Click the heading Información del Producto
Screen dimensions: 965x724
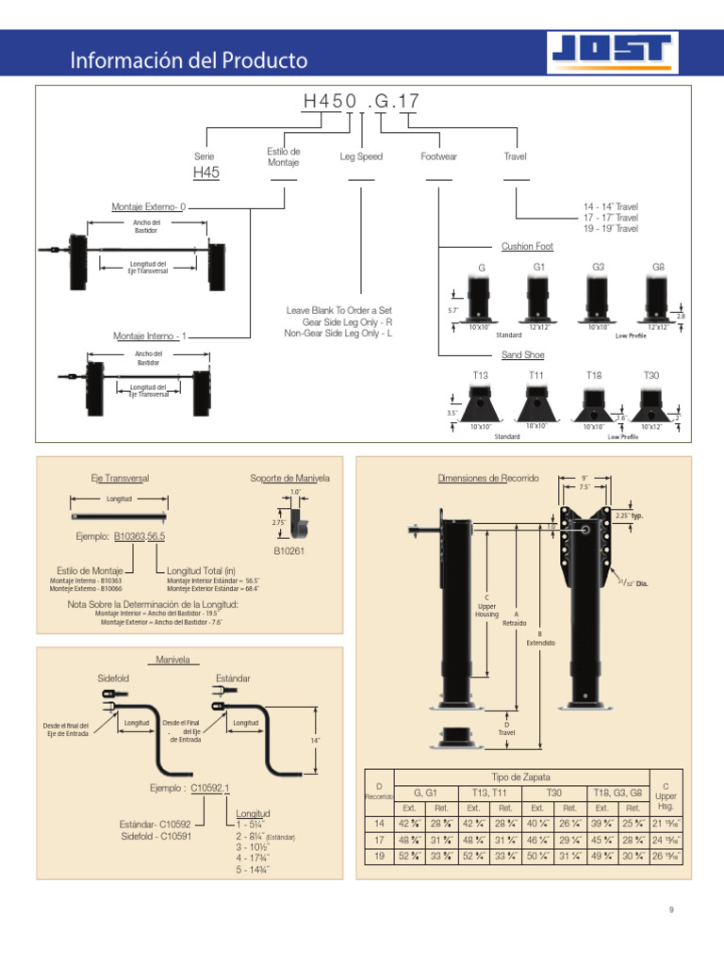pos(189,61)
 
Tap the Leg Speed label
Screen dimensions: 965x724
pos(361,156)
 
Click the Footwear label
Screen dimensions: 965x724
pos(438,156)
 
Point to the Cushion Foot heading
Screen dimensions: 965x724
pos(527,246)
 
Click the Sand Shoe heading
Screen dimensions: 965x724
pos(522,355)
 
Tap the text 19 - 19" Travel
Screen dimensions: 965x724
pos(610,229)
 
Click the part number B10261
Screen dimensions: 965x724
pos(289,549)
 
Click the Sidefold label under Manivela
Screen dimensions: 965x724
pos(112,678)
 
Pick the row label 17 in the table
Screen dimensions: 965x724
pos(378,839)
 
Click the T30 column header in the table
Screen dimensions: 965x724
pos(553,793)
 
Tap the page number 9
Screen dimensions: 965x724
pos(671,910)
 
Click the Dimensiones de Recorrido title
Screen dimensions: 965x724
pos(488,479)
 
